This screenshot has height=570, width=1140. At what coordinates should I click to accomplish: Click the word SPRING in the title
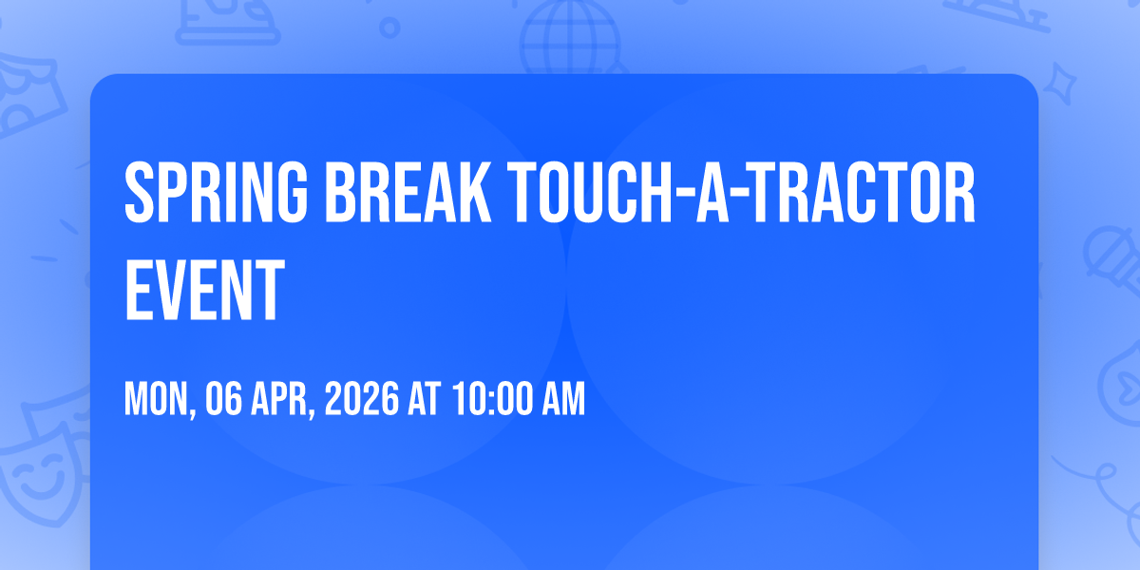[217, 192]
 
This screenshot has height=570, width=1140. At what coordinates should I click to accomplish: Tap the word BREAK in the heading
[408, 192]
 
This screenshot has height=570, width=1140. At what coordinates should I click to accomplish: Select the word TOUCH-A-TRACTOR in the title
[741, 192]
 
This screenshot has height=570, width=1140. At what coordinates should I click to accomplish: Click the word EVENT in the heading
[204, 290]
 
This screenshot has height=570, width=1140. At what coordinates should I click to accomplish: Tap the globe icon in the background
[570, 38]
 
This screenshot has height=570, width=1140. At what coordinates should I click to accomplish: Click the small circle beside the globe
[389, 28]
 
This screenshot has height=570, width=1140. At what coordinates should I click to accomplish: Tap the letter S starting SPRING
[140, 192]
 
